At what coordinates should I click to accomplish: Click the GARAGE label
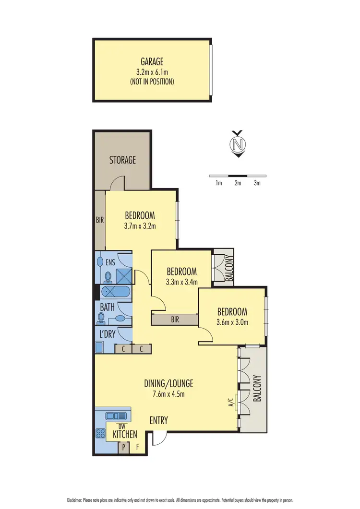click(x=152, y=61)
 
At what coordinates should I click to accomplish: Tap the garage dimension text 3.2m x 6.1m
click(x=152, y=72)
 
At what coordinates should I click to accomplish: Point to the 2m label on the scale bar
click(x=238, y=183)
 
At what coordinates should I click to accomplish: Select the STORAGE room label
click(x=122, y=160)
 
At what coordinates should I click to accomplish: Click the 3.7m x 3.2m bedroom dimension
click(x=140, y=226)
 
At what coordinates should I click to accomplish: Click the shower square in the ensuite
click(x=123, y=277)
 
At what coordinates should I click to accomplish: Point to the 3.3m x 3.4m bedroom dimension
click(x=181, y=282)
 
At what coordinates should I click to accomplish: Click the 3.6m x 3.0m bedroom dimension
click(x=231, y=322)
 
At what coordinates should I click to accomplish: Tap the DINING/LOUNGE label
click(x=168, y=383)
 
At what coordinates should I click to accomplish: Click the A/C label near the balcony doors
click(x=231, y=399)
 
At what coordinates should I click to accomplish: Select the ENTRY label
click(x=158, y=421)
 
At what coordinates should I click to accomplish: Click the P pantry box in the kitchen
click(x=123, y=447)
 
